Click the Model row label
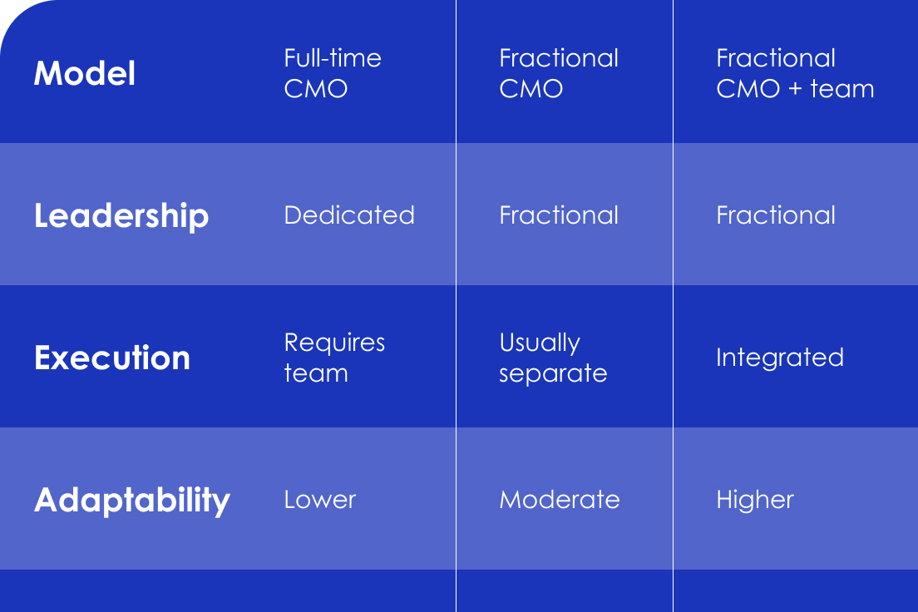point(85,73)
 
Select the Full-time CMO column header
point(333,73)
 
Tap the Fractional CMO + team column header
point(795,73)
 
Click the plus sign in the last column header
point(795,89)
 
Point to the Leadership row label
point(121,215)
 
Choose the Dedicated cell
point(349,215)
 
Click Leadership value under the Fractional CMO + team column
point(776,215)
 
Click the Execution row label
point(112,358)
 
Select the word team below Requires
point(316,373)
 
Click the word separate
point(553,373)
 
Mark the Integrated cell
point(780,358)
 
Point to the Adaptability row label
point(132,501)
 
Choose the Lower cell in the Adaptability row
point(319,500)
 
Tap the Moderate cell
point(559,500)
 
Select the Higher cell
point(755,500)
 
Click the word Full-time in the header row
point(333,58)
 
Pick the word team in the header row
point(841,89)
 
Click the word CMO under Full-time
point(316,89)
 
